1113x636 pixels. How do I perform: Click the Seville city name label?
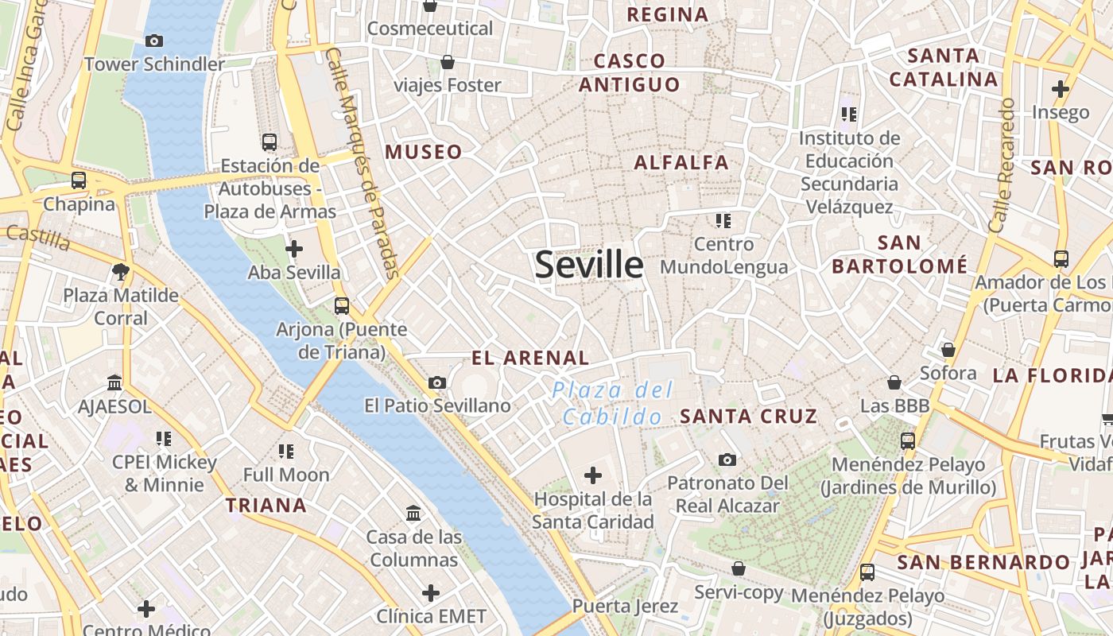[x=588, y=264]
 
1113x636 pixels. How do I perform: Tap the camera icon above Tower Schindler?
[x=154, y=41]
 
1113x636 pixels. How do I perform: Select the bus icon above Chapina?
[x=79, y=180]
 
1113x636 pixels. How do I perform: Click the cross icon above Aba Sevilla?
[x=294, y=249]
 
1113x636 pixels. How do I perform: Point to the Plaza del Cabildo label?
[x=612, y=403]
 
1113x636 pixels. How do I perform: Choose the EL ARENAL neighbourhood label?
[x=530, y=358]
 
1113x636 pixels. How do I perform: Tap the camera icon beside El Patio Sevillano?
[x=436, y=383]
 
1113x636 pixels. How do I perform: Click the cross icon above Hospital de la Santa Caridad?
[x=592, y=476]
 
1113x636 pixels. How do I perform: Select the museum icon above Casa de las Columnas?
[x=413, y=514]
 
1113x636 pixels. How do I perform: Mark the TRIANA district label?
[x=266, y=506]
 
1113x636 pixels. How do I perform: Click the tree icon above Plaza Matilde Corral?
[x=121, y=272]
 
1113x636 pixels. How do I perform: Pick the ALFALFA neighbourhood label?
[x=681, y=163]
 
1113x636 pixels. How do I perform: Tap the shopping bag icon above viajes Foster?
[x=448, y=62]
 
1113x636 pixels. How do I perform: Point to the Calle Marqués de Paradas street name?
[x=363, y=163]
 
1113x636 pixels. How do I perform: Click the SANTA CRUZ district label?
[x=748, y=416]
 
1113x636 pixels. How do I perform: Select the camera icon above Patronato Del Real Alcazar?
[x=727, y=460]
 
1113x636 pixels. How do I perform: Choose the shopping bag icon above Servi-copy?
[x=739, y=568]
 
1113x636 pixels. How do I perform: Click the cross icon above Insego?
[x=1061, y=89]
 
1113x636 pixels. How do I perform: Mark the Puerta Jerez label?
[x=626, y=607]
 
